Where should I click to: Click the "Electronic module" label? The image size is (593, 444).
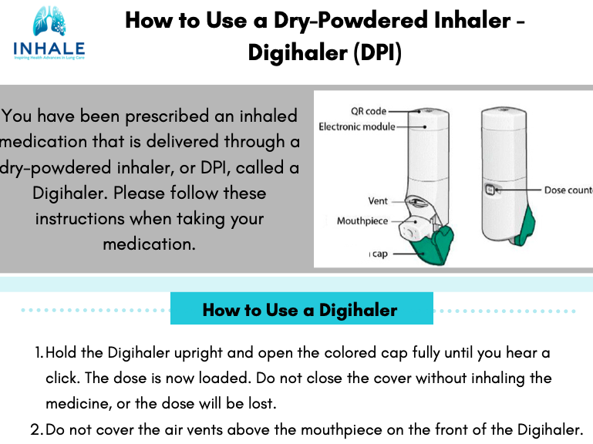pos(356,126)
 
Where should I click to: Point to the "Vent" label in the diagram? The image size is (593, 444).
pos(378,201)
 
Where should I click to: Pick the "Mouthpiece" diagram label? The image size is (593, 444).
pos(362,221)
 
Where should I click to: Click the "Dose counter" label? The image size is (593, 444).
pos(568,190)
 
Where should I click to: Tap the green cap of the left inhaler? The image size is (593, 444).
pos(428,246)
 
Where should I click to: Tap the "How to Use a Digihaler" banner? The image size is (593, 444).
pos(301,310)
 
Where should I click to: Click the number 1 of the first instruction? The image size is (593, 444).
pos(39,353)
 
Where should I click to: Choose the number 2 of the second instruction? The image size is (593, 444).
pos(36,429)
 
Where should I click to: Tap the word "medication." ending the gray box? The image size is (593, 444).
pos(149,244)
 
